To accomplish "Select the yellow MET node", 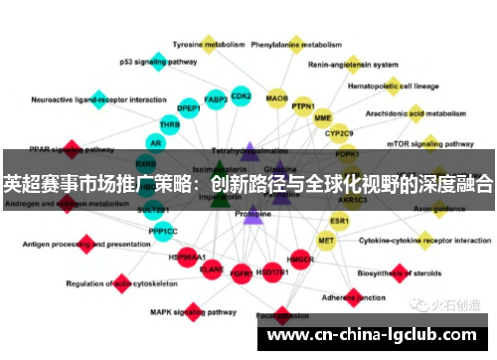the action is pos(326,240).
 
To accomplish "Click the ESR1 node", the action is pos(340,220).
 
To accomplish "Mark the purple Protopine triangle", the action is pos(252,212).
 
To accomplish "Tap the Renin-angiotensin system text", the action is pos(353,64).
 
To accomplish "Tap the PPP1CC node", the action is pos(163,231).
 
